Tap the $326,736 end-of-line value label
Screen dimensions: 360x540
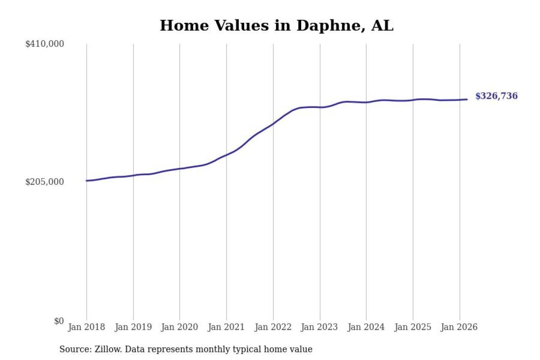[x=496, y=96]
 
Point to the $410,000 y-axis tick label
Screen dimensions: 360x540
[x=45, y=44]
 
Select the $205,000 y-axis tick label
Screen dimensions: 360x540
[x=45, y=182]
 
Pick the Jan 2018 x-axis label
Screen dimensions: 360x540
[x=86, y=328]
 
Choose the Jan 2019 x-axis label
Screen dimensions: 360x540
[x=133, y=328]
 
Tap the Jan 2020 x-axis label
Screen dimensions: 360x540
[x=180, y=328]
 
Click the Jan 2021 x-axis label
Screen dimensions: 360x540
[x=227, y=328]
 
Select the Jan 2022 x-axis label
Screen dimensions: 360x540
[x=273, y=328]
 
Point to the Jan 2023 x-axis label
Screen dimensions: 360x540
[x=320, y=328]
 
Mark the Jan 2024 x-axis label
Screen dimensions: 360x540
[x=366, y=328]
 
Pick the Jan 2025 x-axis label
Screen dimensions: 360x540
[x=413, y=328]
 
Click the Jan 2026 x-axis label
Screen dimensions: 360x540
[x=459, y=328]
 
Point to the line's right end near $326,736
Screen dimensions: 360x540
[x=467, y=100]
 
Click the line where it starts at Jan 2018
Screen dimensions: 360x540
[x=87, y=181]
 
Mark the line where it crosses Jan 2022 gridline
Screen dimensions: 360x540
[x=273, y=124]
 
